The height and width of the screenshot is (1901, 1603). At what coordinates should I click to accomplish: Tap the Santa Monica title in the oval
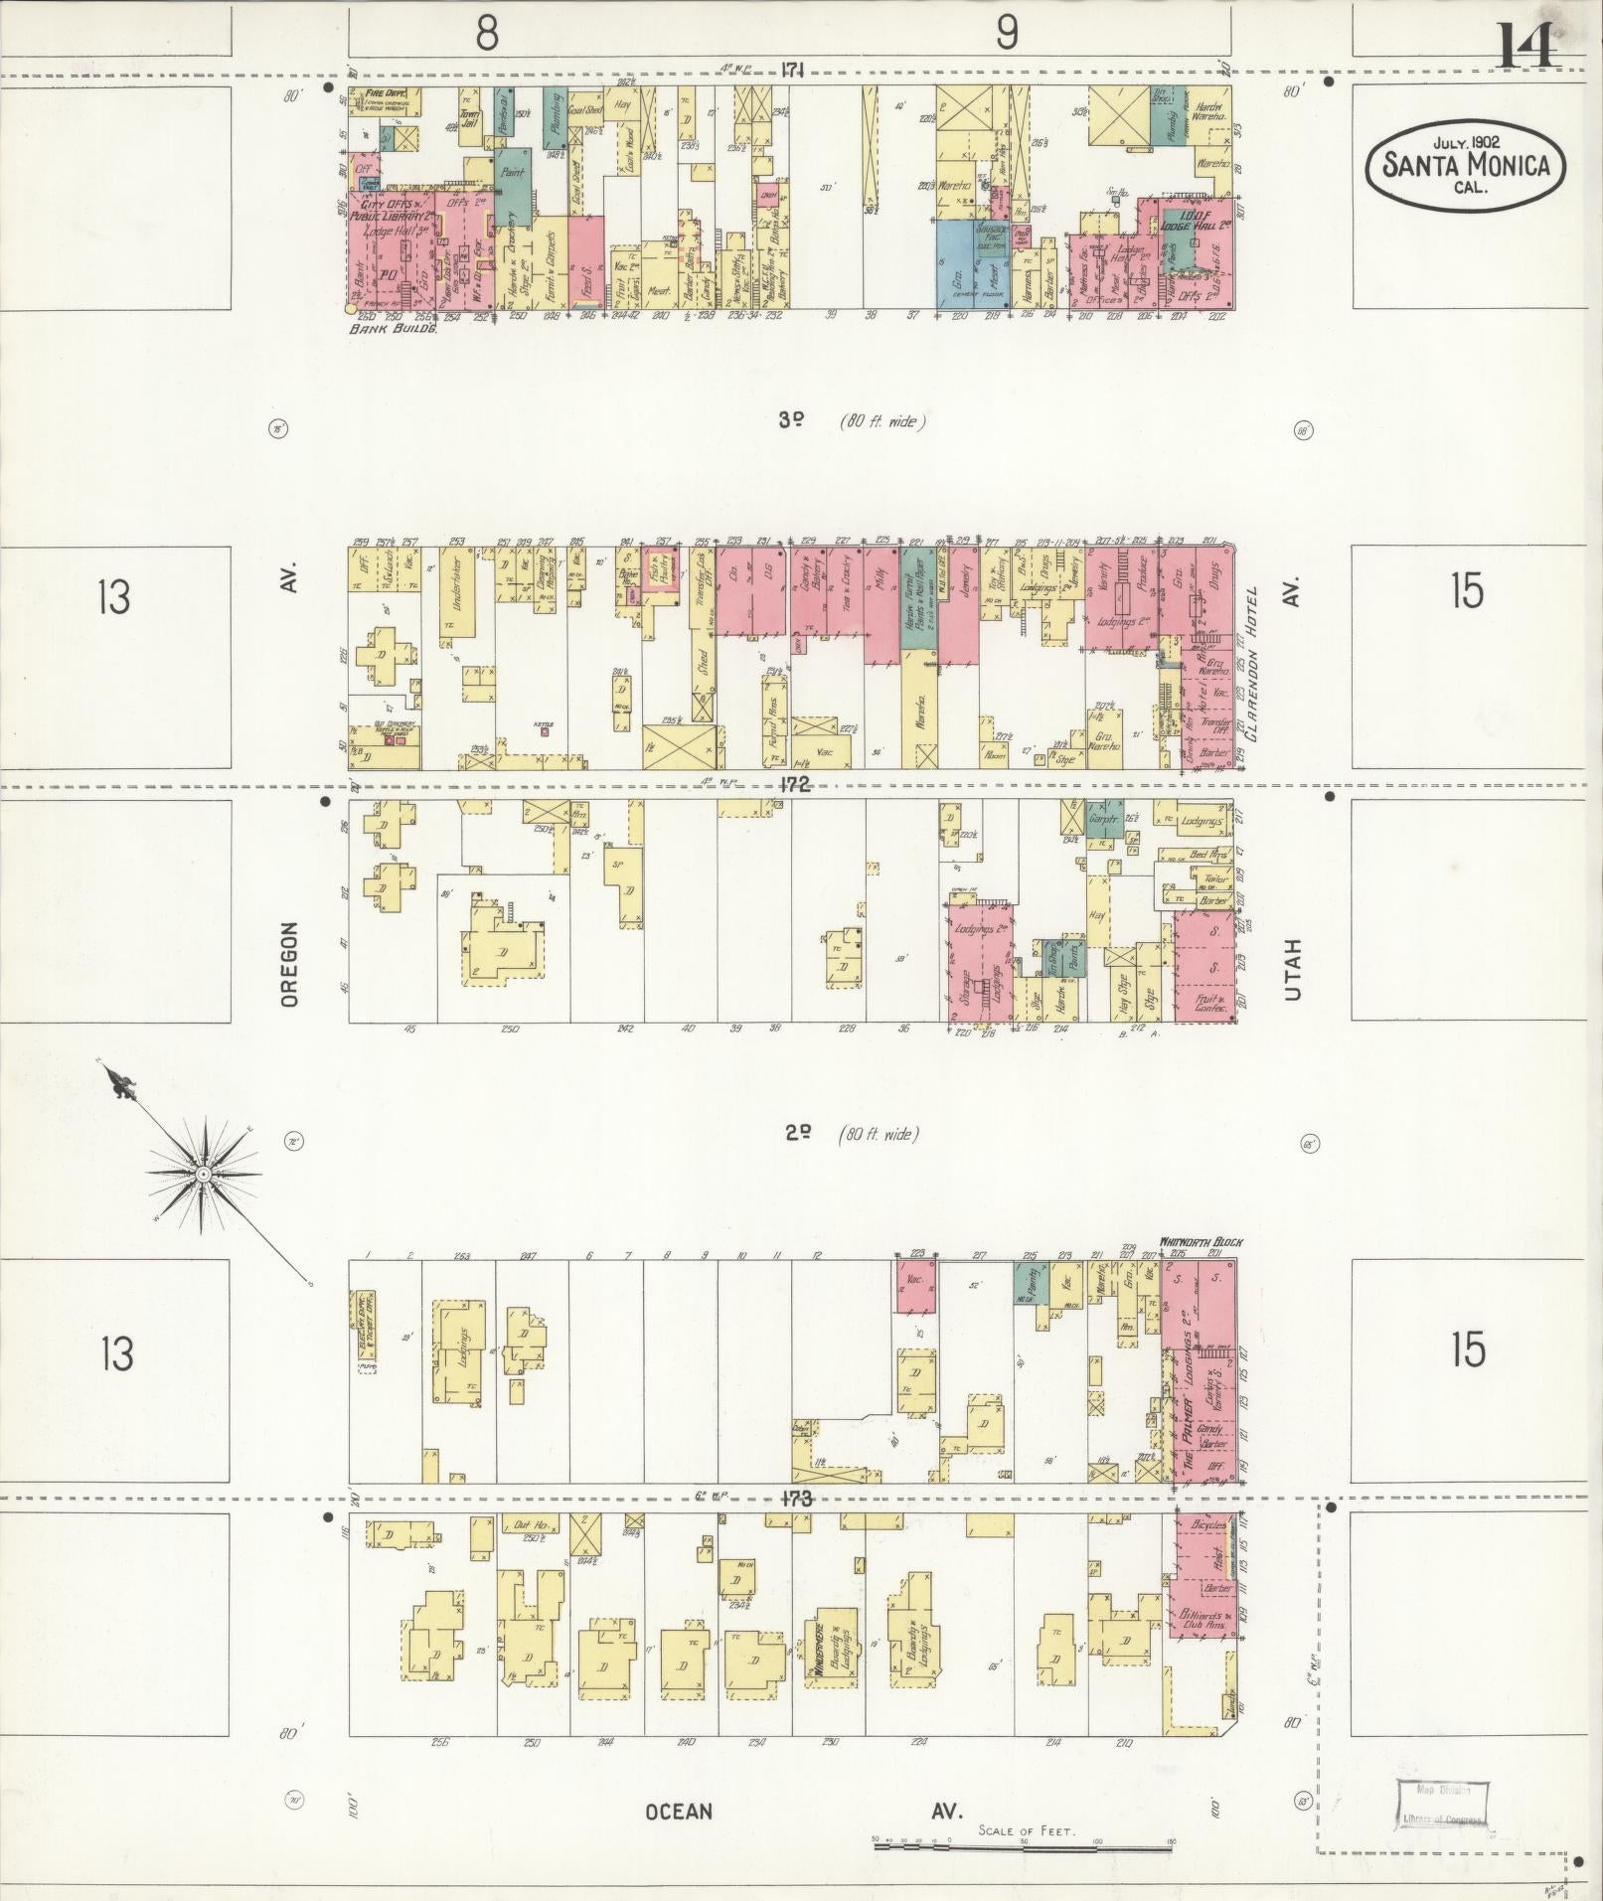1465,165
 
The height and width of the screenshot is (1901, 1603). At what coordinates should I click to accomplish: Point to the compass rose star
204,1174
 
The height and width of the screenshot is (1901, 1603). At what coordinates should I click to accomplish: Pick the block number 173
796,1499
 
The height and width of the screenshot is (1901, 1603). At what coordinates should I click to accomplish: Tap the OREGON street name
289,964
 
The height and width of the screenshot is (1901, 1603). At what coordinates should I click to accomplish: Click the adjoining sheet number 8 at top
486,34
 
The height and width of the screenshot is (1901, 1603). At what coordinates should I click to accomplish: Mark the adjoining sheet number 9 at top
1007,34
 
